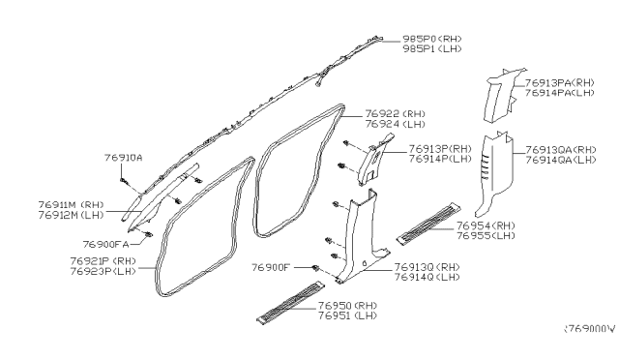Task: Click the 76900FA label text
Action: [x=106, y=244]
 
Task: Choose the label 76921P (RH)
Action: [x=102, y=261]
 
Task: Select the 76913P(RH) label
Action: [x=439, y=148]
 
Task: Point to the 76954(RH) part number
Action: [x=488, y=225]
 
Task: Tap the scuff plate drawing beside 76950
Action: [x=287, y=302]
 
